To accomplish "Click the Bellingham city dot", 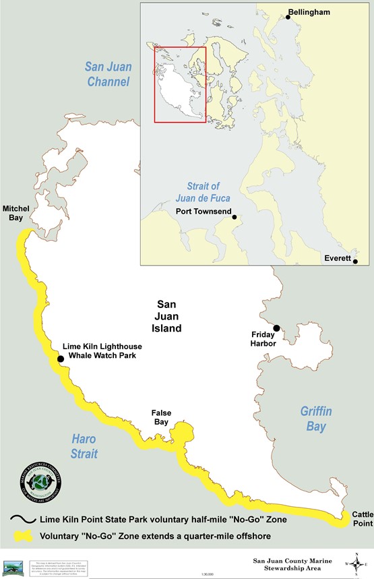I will point(288,12).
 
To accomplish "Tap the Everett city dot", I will point(355,262).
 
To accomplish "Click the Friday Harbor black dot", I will point(276,328).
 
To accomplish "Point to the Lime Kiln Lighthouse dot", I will point(61,359).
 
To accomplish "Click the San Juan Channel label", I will point(108,73).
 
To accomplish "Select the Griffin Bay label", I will point(317,419).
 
